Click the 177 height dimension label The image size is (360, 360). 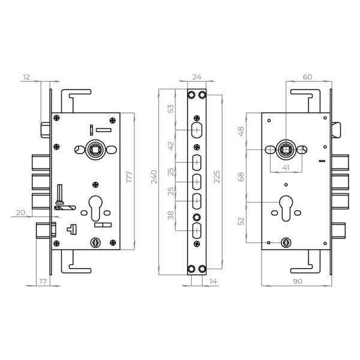point(130,176)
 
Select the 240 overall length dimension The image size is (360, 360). point(154,176)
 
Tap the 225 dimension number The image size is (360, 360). point(217,176)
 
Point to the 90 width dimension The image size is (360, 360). point(298,281)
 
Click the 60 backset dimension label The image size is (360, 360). point(307,77)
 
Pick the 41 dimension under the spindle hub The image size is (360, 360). point(286,167)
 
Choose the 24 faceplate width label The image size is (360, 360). point(197,77)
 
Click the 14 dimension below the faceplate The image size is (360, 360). point(213,281)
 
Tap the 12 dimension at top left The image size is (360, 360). point(26,77)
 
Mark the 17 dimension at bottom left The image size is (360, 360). point(43,281)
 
